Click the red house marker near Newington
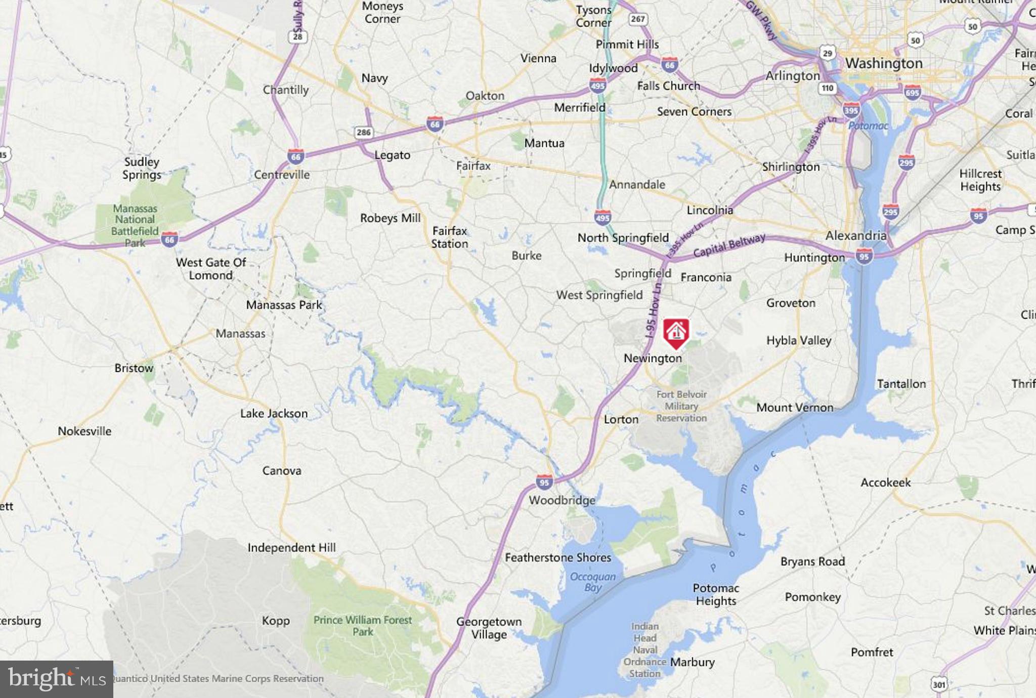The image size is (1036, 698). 676,333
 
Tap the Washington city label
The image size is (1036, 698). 884,63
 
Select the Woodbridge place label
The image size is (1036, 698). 562,500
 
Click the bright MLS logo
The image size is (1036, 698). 57,679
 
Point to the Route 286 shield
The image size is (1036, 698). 363,133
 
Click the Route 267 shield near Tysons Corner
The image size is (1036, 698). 637,19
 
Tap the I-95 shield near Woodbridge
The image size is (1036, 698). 544,482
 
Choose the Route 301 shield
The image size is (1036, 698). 938,685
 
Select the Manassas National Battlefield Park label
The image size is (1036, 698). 135,226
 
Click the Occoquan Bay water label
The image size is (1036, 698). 593,582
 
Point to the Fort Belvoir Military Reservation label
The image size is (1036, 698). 681,406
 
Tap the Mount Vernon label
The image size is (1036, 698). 795,408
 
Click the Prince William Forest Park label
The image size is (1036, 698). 363,626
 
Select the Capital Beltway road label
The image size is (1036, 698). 729,245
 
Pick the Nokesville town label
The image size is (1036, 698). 84,431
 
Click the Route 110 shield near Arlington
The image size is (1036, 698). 828,88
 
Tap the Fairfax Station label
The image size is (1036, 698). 449,237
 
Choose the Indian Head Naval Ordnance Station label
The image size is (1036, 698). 644,650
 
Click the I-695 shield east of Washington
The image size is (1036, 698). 913,93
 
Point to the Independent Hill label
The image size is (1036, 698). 291,548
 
